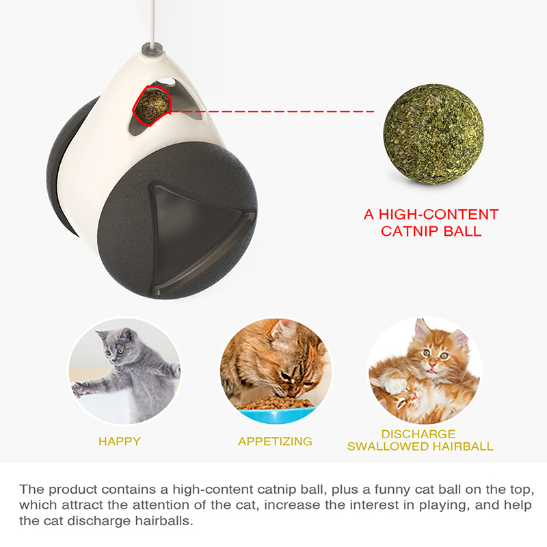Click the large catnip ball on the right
pyautogui.click(x=433, y=134)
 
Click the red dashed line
pyautogui.click(x=272, y=111)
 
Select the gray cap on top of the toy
pyautogui.click(x=152, y=49)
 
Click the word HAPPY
pyautogui.click(x=120, y=441)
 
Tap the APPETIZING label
pyautogui.click(x=275, y=441)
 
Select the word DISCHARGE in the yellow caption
pyautogui.click(x=418, y=434)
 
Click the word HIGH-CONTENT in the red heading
pyautogui.click(x=438, y=215)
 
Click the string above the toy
pyautogui.click(x=152, y=22)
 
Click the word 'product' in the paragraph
pyautogui.click(x=72, y=490)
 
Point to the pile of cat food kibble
pyautogui.click(x=276, y=402)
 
